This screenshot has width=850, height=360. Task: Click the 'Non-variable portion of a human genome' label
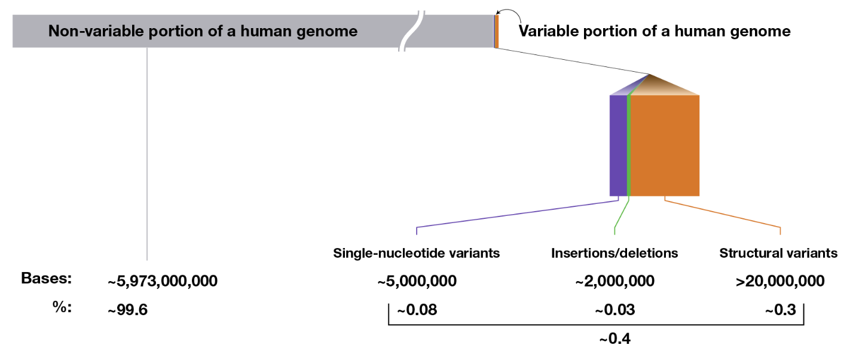pos(203,31)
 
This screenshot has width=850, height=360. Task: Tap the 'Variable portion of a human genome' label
pos(655,31)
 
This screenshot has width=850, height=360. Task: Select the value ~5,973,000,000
pos(163,282)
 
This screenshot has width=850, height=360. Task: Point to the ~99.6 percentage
pos(127,310)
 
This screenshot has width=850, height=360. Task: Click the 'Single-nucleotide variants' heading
pos(416,254)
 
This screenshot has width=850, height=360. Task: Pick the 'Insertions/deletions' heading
pos(614,254)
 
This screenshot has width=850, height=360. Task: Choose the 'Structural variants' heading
pos(778,254)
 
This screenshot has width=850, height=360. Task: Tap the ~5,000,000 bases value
pos(417,282)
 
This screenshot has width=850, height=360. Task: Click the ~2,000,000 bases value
pos(614,282)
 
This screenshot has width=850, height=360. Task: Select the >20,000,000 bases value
pos(780,282)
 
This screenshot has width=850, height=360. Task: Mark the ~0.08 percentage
pos(417,310)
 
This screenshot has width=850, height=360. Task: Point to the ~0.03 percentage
pos(614,310)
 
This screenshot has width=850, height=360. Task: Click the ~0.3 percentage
pos(780,310)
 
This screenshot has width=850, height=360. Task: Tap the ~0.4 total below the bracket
pos(614,338)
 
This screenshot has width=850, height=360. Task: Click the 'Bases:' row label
pos(46,278)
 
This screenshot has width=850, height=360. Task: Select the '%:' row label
pos(62,307)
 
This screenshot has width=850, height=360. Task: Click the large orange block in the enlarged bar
pos(665,145)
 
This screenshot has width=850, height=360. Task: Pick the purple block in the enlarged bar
pos(618,145)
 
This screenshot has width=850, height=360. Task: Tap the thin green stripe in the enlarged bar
pos(629,145)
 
